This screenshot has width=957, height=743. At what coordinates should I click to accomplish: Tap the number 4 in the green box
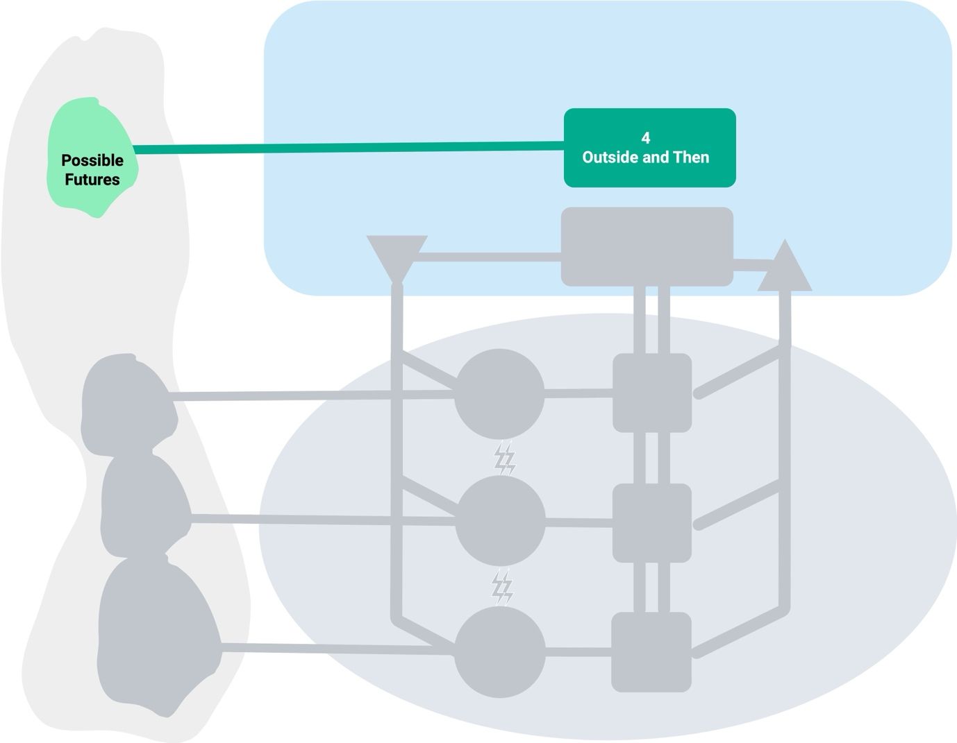tap(646, 138)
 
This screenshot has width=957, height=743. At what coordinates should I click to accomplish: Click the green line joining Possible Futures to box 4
tap(347, 147)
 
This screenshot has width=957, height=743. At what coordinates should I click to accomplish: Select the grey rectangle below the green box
tap(647, 246)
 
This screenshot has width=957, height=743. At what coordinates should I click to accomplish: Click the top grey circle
tap(499, 393)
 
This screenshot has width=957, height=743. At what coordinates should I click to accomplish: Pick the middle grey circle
tap(499, 521)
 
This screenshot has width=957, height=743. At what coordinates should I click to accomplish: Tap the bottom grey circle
tap(499, 651)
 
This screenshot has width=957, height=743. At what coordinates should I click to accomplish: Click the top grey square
tap(651, 393)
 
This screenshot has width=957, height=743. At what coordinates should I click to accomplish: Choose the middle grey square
tap(651, 522)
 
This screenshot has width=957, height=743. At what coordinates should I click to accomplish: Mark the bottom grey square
tap(651, 651)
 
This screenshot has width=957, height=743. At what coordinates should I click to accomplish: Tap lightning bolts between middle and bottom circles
tap(502, 588)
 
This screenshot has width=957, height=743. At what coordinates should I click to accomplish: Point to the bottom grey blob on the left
tap(156, 635)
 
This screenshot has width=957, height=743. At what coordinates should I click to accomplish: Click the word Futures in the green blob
tap(92, 180)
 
